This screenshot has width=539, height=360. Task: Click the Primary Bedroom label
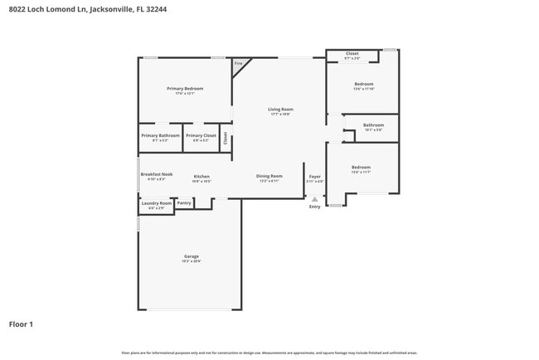tap(185, 89)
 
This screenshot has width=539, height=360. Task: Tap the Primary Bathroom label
tap(160, 135)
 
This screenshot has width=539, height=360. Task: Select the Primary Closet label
tap(201, 135)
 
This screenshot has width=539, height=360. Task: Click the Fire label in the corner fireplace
tap(238, 63)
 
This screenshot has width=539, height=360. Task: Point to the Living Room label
tap(280, 109)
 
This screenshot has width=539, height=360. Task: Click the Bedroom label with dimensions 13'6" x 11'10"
tap(363, 84)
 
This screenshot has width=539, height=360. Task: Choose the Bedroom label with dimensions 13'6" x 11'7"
tap(360, 167)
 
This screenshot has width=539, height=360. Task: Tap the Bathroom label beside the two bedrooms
tap(373, 125)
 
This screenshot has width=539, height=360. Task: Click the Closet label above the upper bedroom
tap(352, 53)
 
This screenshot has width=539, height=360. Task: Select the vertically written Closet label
tap(225, 138)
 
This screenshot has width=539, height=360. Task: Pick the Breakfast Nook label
tap(156, 174)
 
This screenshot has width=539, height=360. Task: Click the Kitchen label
tap(202, 176)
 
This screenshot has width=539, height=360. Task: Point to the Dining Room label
tap(269, 176)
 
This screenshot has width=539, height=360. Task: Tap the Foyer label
tap(315, 176)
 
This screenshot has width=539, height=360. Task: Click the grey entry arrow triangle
tap(314, 199)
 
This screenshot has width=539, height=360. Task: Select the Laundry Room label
tap(156, 203)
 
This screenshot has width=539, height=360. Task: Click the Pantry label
tap(184, 202)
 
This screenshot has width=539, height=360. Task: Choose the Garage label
tap(191, 256)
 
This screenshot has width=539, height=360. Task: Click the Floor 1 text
tap(21, 324)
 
